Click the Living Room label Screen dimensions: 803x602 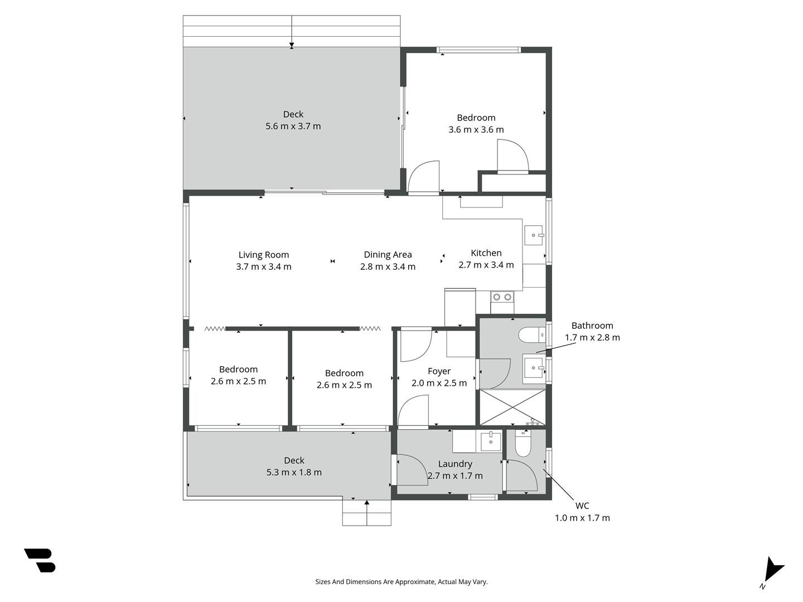(263, 255)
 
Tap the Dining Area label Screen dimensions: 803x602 (388, 254)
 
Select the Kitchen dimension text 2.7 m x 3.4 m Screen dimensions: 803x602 (486, 265)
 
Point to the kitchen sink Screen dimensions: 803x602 (534, 235)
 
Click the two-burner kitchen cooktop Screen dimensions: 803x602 (502, 297)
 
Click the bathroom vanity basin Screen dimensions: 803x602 (534, 368)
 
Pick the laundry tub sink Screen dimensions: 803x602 (490, 441)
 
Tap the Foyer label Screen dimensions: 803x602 (439, 371)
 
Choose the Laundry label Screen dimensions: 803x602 (455, 464)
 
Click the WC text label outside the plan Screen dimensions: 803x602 (582, 506)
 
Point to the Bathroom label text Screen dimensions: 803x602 (592, 326)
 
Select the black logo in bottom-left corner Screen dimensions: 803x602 (40, 560)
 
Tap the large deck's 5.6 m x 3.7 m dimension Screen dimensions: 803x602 (293, 126)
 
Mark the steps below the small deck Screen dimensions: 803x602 (366, 513)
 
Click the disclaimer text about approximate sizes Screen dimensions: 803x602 (401, 582)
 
